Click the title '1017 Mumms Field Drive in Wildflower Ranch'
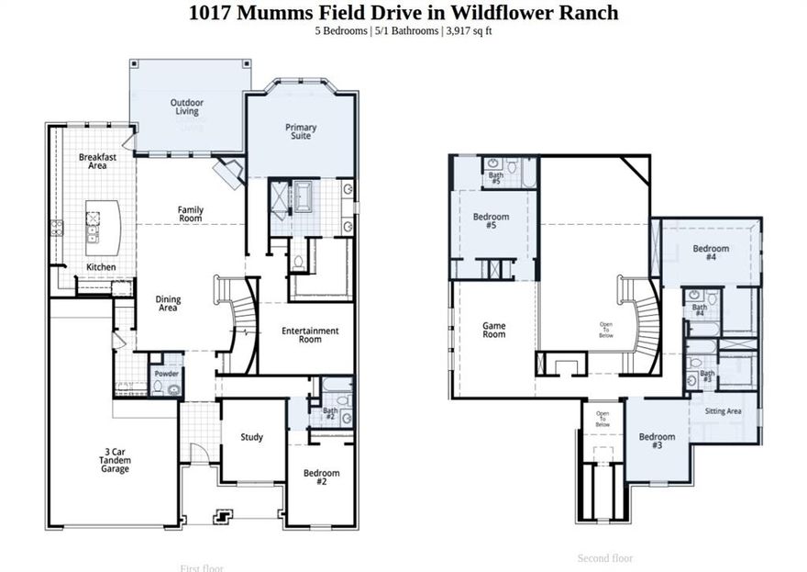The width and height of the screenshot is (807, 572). click(x=403, y=13)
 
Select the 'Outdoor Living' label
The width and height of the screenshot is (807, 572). click(x=186, y=107)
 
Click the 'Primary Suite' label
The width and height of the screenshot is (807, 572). click(x=300, y=131)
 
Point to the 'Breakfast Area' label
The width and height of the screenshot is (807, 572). click(x=97, y=162)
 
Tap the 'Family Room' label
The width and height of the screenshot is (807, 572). click(x=190, y=214)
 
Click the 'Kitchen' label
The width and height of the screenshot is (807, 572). click(x=101, y=267)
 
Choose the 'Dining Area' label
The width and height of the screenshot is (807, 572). click(x=168, y=304)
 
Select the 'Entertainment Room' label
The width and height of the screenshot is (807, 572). click(x=309, y=335)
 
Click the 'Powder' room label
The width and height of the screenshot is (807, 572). click(x=166, y=375)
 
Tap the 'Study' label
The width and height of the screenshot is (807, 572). click(x=251, y=437)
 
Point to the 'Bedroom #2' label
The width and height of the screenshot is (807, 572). click(x=321, y=478)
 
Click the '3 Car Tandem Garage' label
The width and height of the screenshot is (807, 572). click(x=116, y=460)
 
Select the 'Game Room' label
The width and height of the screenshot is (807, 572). click(x=494, y=330)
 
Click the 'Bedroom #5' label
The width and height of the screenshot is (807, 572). click(x=491, y=221)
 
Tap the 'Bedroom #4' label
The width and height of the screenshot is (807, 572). click(x=711, y=253)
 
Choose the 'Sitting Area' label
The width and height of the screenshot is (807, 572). click(x=723, y=411)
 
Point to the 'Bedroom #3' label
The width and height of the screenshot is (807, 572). click(x=657, y=441)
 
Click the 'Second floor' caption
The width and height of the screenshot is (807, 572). click(x=604, y=558)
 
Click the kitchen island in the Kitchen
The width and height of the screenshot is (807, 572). click(x=104, y=227)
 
